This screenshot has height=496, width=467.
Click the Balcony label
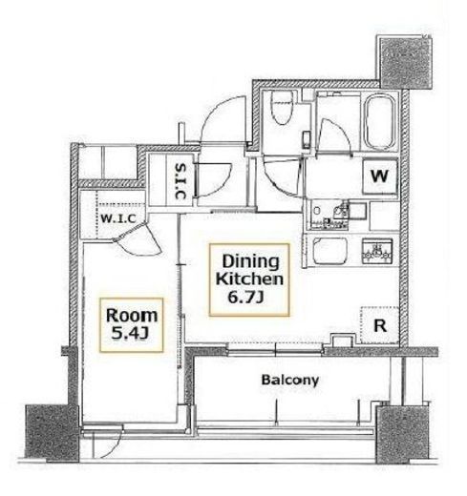tap(289, 380)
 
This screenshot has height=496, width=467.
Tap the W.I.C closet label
tap(118, 218)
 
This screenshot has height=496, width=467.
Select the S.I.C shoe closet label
tap(180, 181)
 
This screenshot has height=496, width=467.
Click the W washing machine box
tap(380, 176)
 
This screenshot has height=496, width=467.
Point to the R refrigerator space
tap(379, 325)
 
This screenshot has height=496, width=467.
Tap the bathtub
tap(378, 122)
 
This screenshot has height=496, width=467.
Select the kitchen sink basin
tap(329, 251)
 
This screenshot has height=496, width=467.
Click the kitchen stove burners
tap(377, 251)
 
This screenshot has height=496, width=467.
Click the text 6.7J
tap(245, 298)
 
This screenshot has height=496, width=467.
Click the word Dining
tap(250, 261)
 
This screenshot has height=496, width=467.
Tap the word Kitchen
tap(249, 279)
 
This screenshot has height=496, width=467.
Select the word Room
tap(132, 316)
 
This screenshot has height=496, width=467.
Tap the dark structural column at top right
tap(405, 62)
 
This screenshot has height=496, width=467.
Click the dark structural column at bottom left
tap(52, 433)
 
